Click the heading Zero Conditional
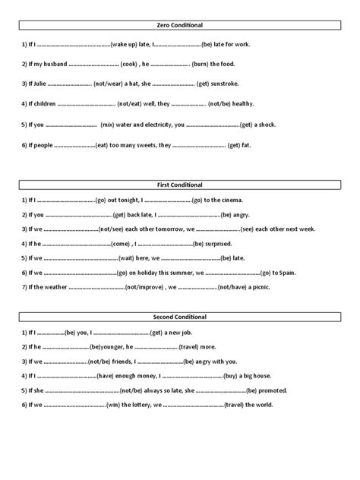point(180,25)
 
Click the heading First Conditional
point(180,185)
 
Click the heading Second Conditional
point(180,317)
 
